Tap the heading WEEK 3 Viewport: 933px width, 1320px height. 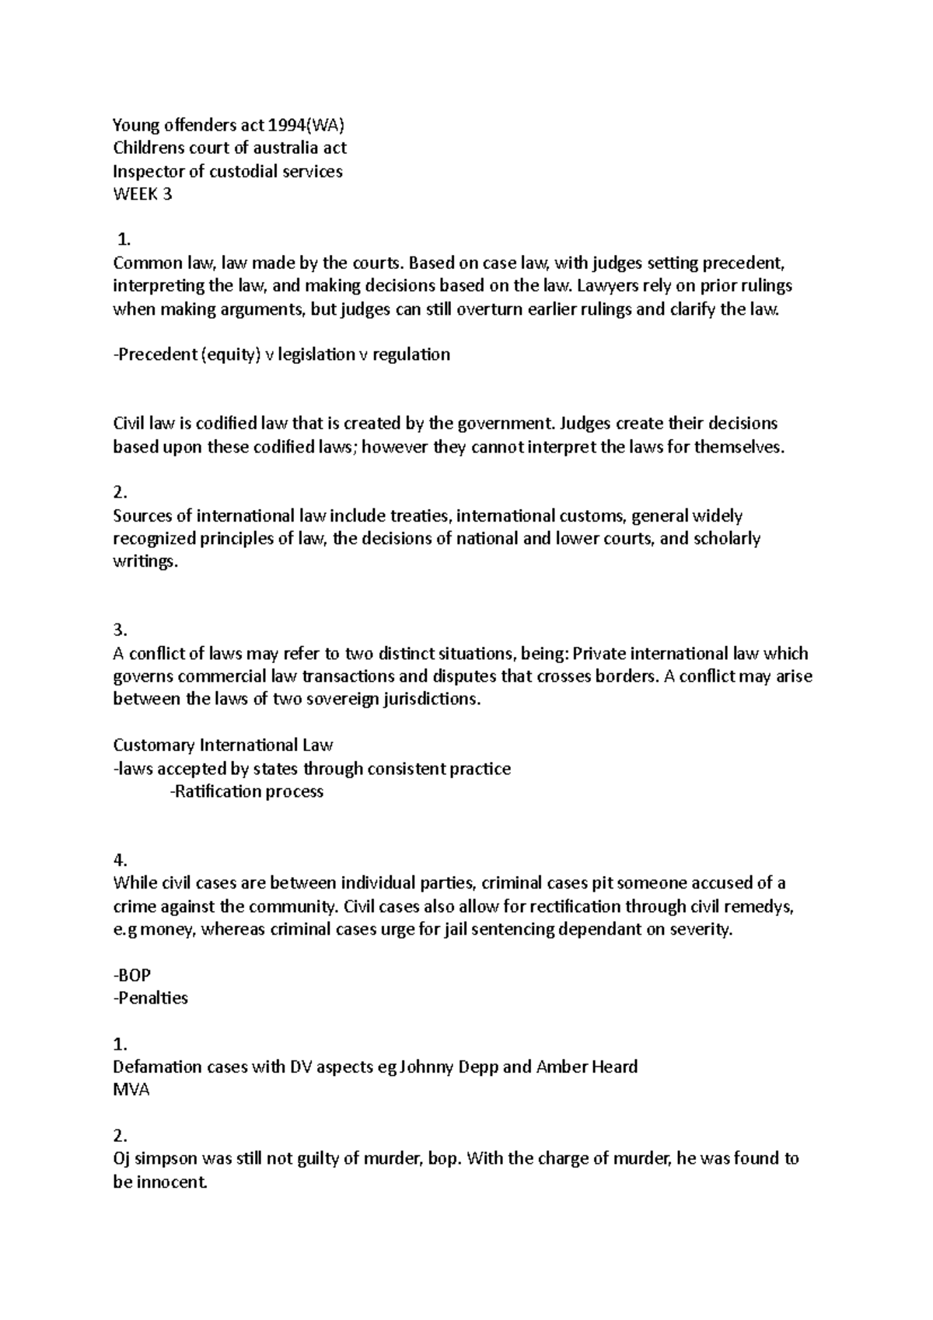142,194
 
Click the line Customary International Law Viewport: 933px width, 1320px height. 223,746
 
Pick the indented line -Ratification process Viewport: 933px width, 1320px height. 246,792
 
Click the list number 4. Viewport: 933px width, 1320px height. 119,860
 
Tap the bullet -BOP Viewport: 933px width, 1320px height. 132,975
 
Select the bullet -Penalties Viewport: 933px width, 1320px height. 151,998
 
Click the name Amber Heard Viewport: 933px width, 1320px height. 587,1067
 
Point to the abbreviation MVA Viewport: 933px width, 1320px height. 131,1090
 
